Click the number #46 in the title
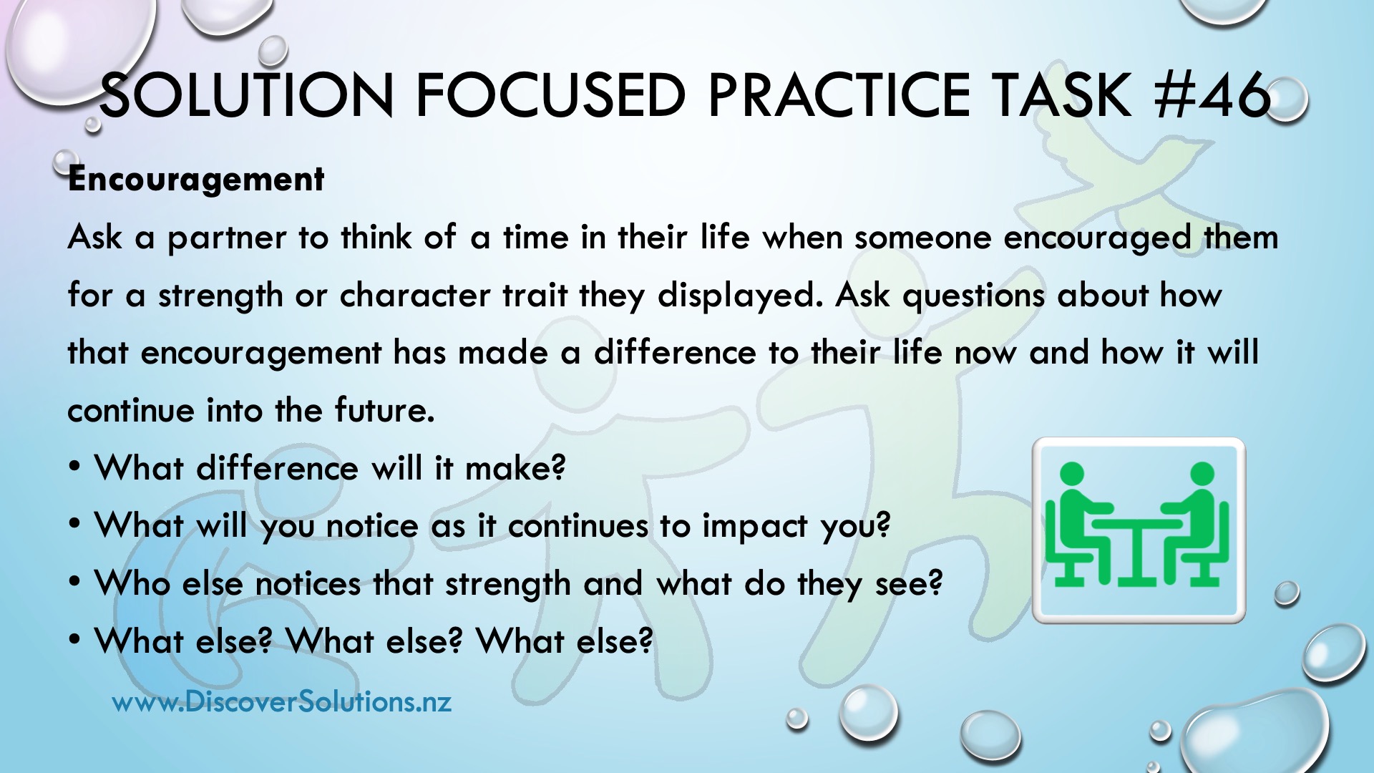[x=1212, y=96]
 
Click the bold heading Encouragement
[x=196, y=180]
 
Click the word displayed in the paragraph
[x=740, y=296]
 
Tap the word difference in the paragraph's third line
[x=675, y=353]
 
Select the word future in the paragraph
[x=384, y=410]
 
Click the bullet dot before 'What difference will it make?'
[x=75, y=467]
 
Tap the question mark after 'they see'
[x=935, y=583]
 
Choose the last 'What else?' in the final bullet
[x=565, y=641]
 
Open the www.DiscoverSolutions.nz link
[x=282, y=701]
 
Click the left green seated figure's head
[x=1071, y=474]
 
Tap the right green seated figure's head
[x=1202, y=474]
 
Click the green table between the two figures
[x=1136, y=551]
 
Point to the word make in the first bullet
[x=515, y=469]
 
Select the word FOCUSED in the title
[x=551, y=96]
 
